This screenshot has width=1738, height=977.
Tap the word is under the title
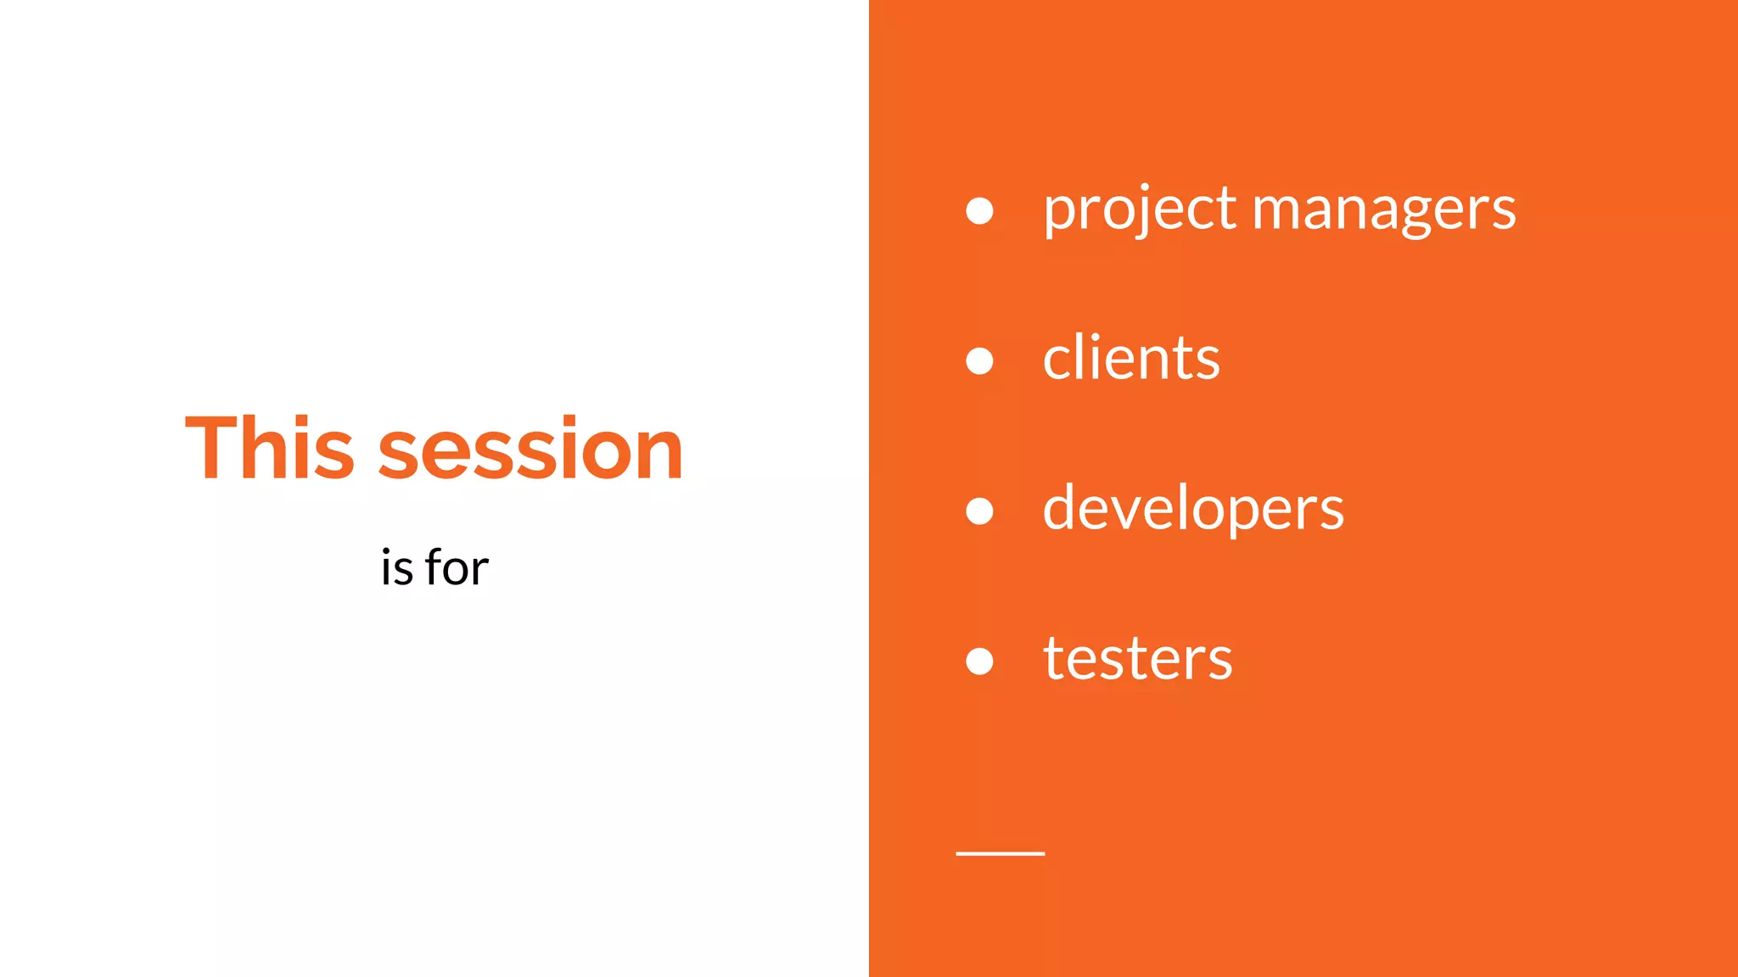pos(396,568)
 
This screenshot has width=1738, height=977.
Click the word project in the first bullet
pos(1140,209)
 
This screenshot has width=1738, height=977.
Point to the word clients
pos(1131,359)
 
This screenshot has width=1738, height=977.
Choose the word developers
pos(1192,509)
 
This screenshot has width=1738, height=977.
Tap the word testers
pos(1137,659)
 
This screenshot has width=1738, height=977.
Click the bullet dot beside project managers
pos(979,210)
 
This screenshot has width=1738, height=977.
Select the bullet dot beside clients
pos(979,360)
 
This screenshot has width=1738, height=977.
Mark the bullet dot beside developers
pos(979,511)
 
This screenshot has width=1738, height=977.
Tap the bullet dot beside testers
pos(979,661)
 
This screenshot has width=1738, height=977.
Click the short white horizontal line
pos(1000,853)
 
